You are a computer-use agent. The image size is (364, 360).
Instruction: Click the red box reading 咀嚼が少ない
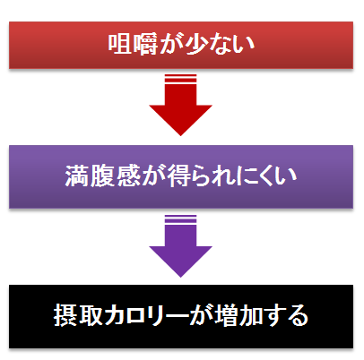(x=181, y=45)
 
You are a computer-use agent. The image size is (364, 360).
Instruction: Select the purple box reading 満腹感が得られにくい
(x=181, y=176)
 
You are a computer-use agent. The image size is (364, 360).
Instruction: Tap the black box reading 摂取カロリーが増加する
(x=181, y=316)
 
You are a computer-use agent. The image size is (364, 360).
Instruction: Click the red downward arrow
(x=181, y=105)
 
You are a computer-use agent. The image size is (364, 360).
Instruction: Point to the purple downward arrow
(x=181, y=246)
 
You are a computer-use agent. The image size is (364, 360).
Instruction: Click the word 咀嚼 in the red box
(x=133, y=44)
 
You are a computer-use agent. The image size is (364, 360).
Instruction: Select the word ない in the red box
(x=231, y=44)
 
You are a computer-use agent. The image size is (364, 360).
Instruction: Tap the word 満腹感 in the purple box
(x=103, y=176)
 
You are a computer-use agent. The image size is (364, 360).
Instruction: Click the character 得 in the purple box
(x=179, y=176)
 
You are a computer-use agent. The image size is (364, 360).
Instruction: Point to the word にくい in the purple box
(x=266, y=176)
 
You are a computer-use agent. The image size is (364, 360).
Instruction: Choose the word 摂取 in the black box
(x=79, y=315)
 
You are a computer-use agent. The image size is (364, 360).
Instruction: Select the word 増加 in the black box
(x=238, y=315)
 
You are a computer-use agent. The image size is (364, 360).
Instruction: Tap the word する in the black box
(x=286, y=315)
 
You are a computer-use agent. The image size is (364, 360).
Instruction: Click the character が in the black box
(x=202, y=315)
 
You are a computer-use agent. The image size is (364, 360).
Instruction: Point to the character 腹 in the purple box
(x=103, y=176)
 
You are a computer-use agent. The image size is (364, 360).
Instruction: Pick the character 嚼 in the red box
(x=145, y=44)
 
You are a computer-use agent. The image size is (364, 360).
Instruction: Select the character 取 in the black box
(x=91, y=315)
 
